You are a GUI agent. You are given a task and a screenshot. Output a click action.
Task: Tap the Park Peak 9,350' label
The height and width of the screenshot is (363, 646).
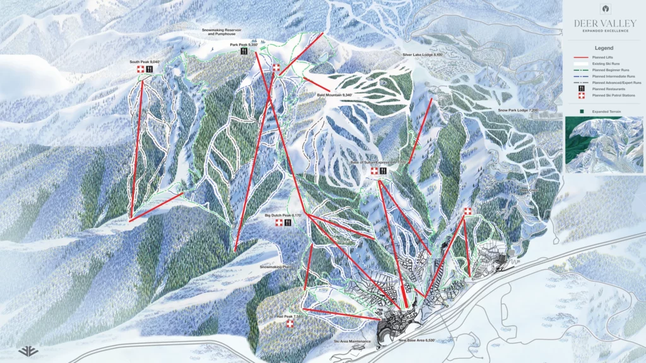(244, 45)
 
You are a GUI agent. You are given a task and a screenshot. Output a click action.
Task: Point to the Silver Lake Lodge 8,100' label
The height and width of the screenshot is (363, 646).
(423, 55)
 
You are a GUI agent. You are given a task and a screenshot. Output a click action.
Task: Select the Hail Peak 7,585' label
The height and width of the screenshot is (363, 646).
(290, 316)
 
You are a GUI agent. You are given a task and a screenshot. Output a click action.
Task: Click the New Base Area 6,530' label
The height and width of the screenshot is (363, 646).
(417, 340)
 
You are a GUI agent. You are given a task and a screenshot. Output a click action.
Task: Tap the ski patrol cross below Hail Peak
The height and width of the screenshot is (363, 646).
(290, 324)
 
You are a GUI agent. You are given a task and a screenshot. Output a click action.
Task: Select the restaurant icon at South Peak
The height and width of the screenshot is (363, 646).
(150, 69)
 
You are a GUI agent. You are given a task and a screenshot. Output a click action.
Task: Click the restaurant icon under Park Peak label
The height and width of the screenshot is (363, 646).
(244, 53)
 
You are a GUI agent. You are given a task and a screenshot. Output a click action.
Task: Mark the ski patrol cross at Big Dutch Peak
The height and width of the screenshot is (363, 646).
(279, 223)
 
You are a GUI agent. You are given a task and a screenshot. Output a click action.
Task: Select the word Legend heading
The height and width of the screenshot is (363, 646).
(604, 47)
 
